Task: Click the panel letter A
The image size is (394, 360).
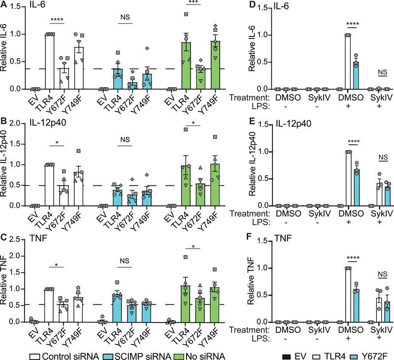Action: (x=4, y=6)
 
